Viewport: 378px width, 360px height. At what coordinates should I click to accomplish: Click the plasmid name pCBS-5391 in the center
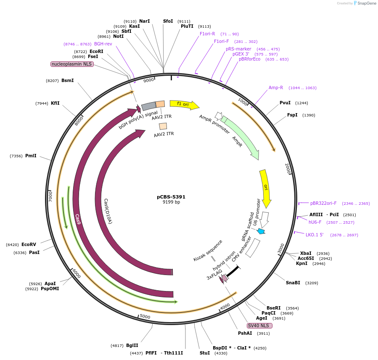[171, 197]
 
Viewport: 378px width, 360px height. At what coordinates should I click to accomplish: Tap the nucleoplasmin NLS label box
[72, 64]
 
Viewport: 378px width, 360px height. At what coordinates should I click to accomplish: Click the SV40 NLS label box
[259, 326]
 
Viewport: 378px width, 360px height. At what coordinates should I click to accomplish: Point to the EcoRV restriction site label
[29, 244]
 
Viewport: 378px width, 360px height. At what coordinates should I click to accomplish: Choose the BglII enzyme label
[132, 346]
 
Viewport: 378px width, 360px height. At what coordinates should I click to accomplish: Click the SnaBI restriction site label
[293, 283]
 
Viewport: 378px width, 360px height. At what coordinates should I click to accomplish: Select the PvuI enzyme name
[285, 103]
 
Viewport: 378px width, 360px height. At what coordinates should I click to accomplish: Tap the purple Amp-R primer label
[276, 87]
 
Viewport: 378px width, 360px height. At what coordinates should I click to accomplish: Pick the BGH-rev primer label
[103, 44]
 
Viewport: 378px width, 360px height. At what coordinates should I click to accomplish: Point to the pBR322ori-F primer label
[323, 203]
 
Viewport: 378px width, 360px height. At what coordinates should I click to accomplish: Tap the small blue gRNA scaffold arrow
[262, 231]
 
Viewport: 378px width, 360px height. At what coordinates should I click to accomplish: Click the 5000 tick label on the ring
[145, 316]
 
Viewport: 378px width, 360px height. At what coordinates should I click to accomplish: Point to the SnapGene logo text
[365, 3]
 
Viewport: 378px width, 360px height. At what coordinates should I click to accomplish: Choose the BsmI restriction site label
[67, 80]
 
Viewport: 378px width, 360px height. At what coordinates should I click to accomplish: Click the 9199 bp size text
[171, 202]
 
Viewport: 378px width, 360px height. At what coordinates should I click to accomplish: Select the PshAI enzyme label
[245, 333]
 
